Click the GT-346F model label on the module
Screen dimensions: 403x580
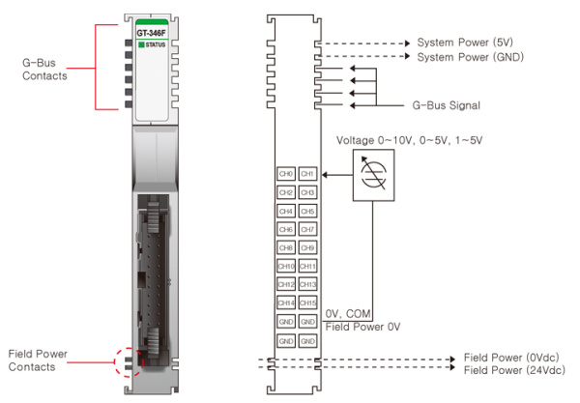point(154,32)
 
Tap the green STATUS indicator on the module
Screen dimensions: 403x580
point(142,45)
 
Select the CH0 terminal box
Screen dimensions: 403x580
point(286,174)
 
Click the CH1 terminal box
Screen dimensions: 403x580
point(307,174)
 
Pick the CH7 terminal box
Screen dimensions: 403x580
point(307,229)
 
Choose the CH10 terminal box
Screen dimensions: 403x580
point(286,266)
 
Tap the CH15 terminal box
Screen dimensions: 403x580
point(307,302)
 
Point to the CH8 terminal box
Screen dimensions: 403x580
point(286,247)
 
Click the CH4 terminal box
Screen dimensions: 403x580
point(286,211)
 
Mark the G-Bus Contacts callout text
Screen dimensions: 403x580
point(44,69)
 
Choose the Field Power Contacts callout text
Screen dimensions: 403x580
point(38,360)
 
